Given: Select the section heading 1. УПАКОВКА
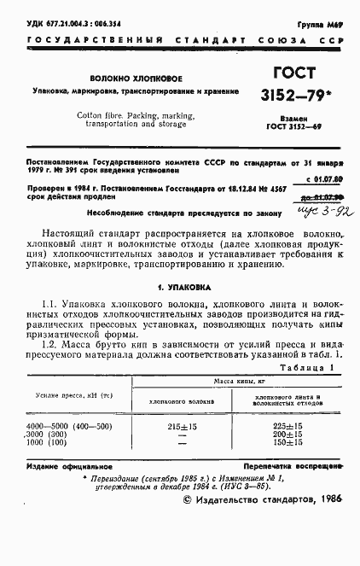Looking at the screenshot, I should tap(179, 289).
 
